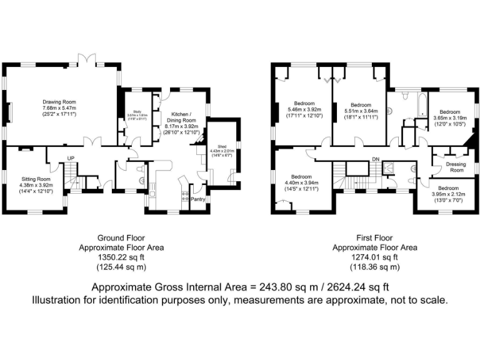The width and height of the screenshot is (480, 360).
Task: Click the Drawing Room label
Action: (x=59, y=102)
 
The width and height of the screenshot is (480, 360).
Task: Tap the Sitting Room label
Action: (x=35, y=179)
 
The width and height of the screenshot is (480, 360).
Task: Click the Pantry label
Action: (x=197, y=199)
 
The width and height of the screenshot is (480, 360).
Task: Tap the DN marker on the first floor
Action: (x=375, y=158)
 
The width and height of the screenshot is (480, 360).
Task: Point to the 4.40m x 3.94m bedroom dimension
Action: (x=301, y=182)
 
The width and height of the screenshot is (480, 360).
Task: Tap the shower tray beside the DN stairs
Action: (x=387, y=167)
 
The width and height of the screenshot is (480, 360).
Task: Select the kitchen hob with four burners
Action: (x=184, y=195)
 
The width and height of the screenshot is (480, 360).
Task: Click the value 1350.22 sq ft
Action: (x=121, y=257)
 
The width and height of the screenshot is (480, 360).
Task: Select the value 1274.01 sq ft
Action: (x=375, y=257)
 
